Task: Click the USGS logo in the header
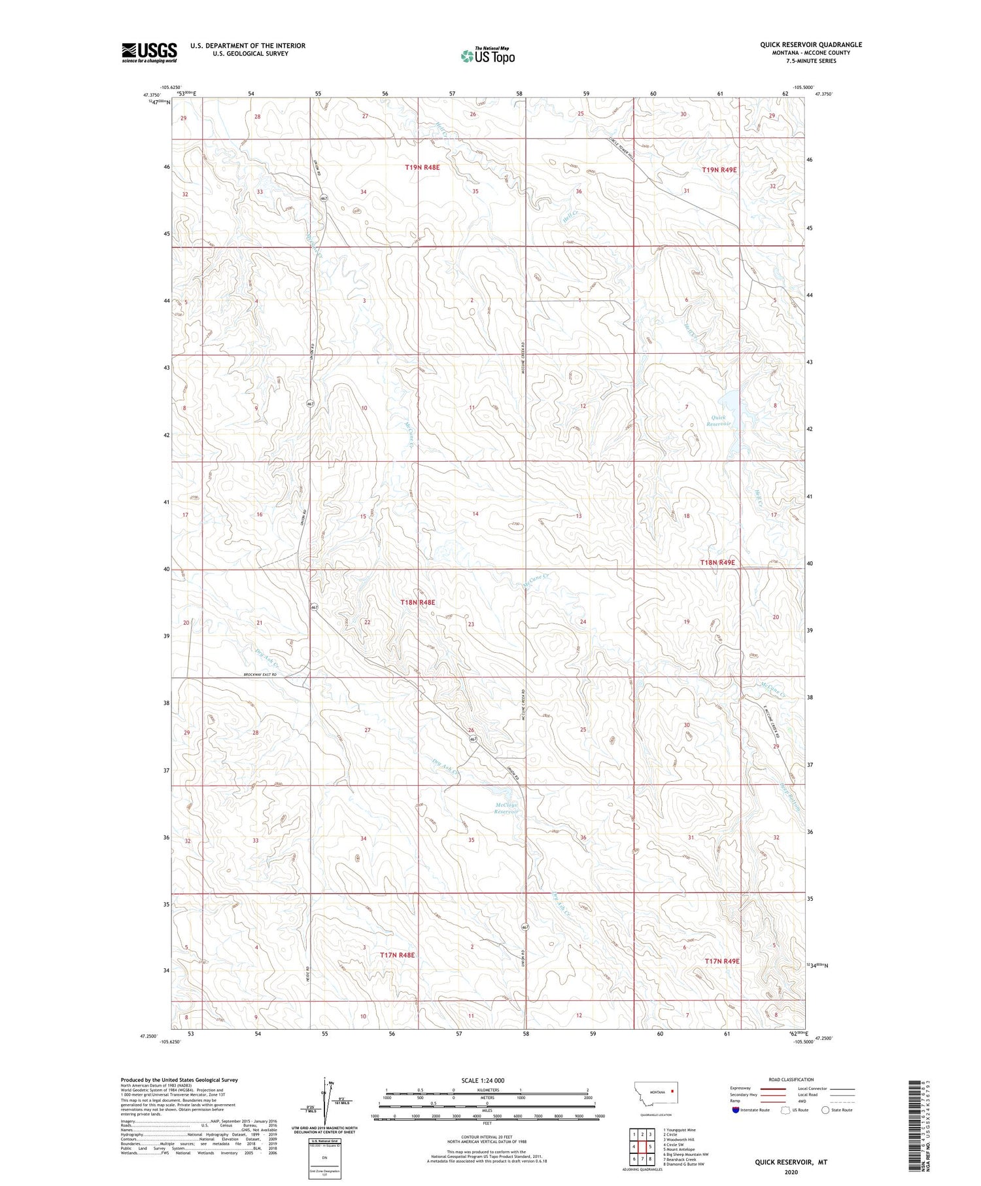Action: pyautogui.click(x=149, y=52)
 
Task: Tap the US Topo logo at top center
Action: pyautogui.click(x=488, y=56)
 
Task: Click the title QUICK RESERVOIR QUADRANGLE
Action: pyautogui.click(x=810, y=44)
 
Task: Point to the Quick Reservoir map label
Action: pyautogui.click(x=717, y=421)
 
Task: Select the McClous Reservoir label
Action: pyautogui.click(x=506, y=808)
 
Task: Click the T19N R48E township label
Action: pyautogui.click(x=422, y=167)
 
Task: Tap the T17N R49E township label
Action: pyautogui.click(x=722, y=960)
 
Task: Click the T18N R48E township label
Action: pyautogui.click(x=417, y=602)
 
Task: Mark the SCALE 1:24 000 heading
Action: pyautogui.click(x=483, y=1080)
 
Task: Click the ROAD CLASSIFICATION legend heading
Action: pyautogui.click(x=791, y=1079)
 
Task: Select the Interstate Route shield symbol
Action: pyautogui.click(x=736, y=1110)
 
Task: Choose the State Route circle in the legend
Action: pyautogui.click(x=826, y=1110)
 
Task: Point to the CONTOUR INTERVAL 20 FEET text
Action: pyautogui.click(x=486, y=1138)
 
